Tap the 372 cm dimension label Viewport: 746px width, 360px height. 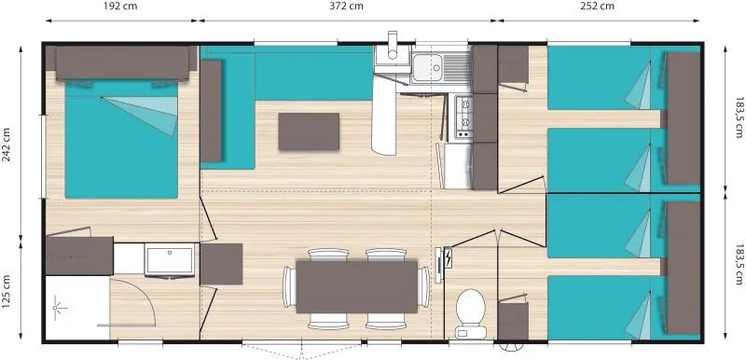tap(346, 7)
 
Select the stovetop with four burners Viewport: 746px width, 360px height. tap(463, 117)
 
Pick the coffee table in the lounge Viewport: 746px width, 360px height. tap(310, 132)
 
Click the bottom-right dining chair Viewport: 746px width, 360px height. tap(385, 322)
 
